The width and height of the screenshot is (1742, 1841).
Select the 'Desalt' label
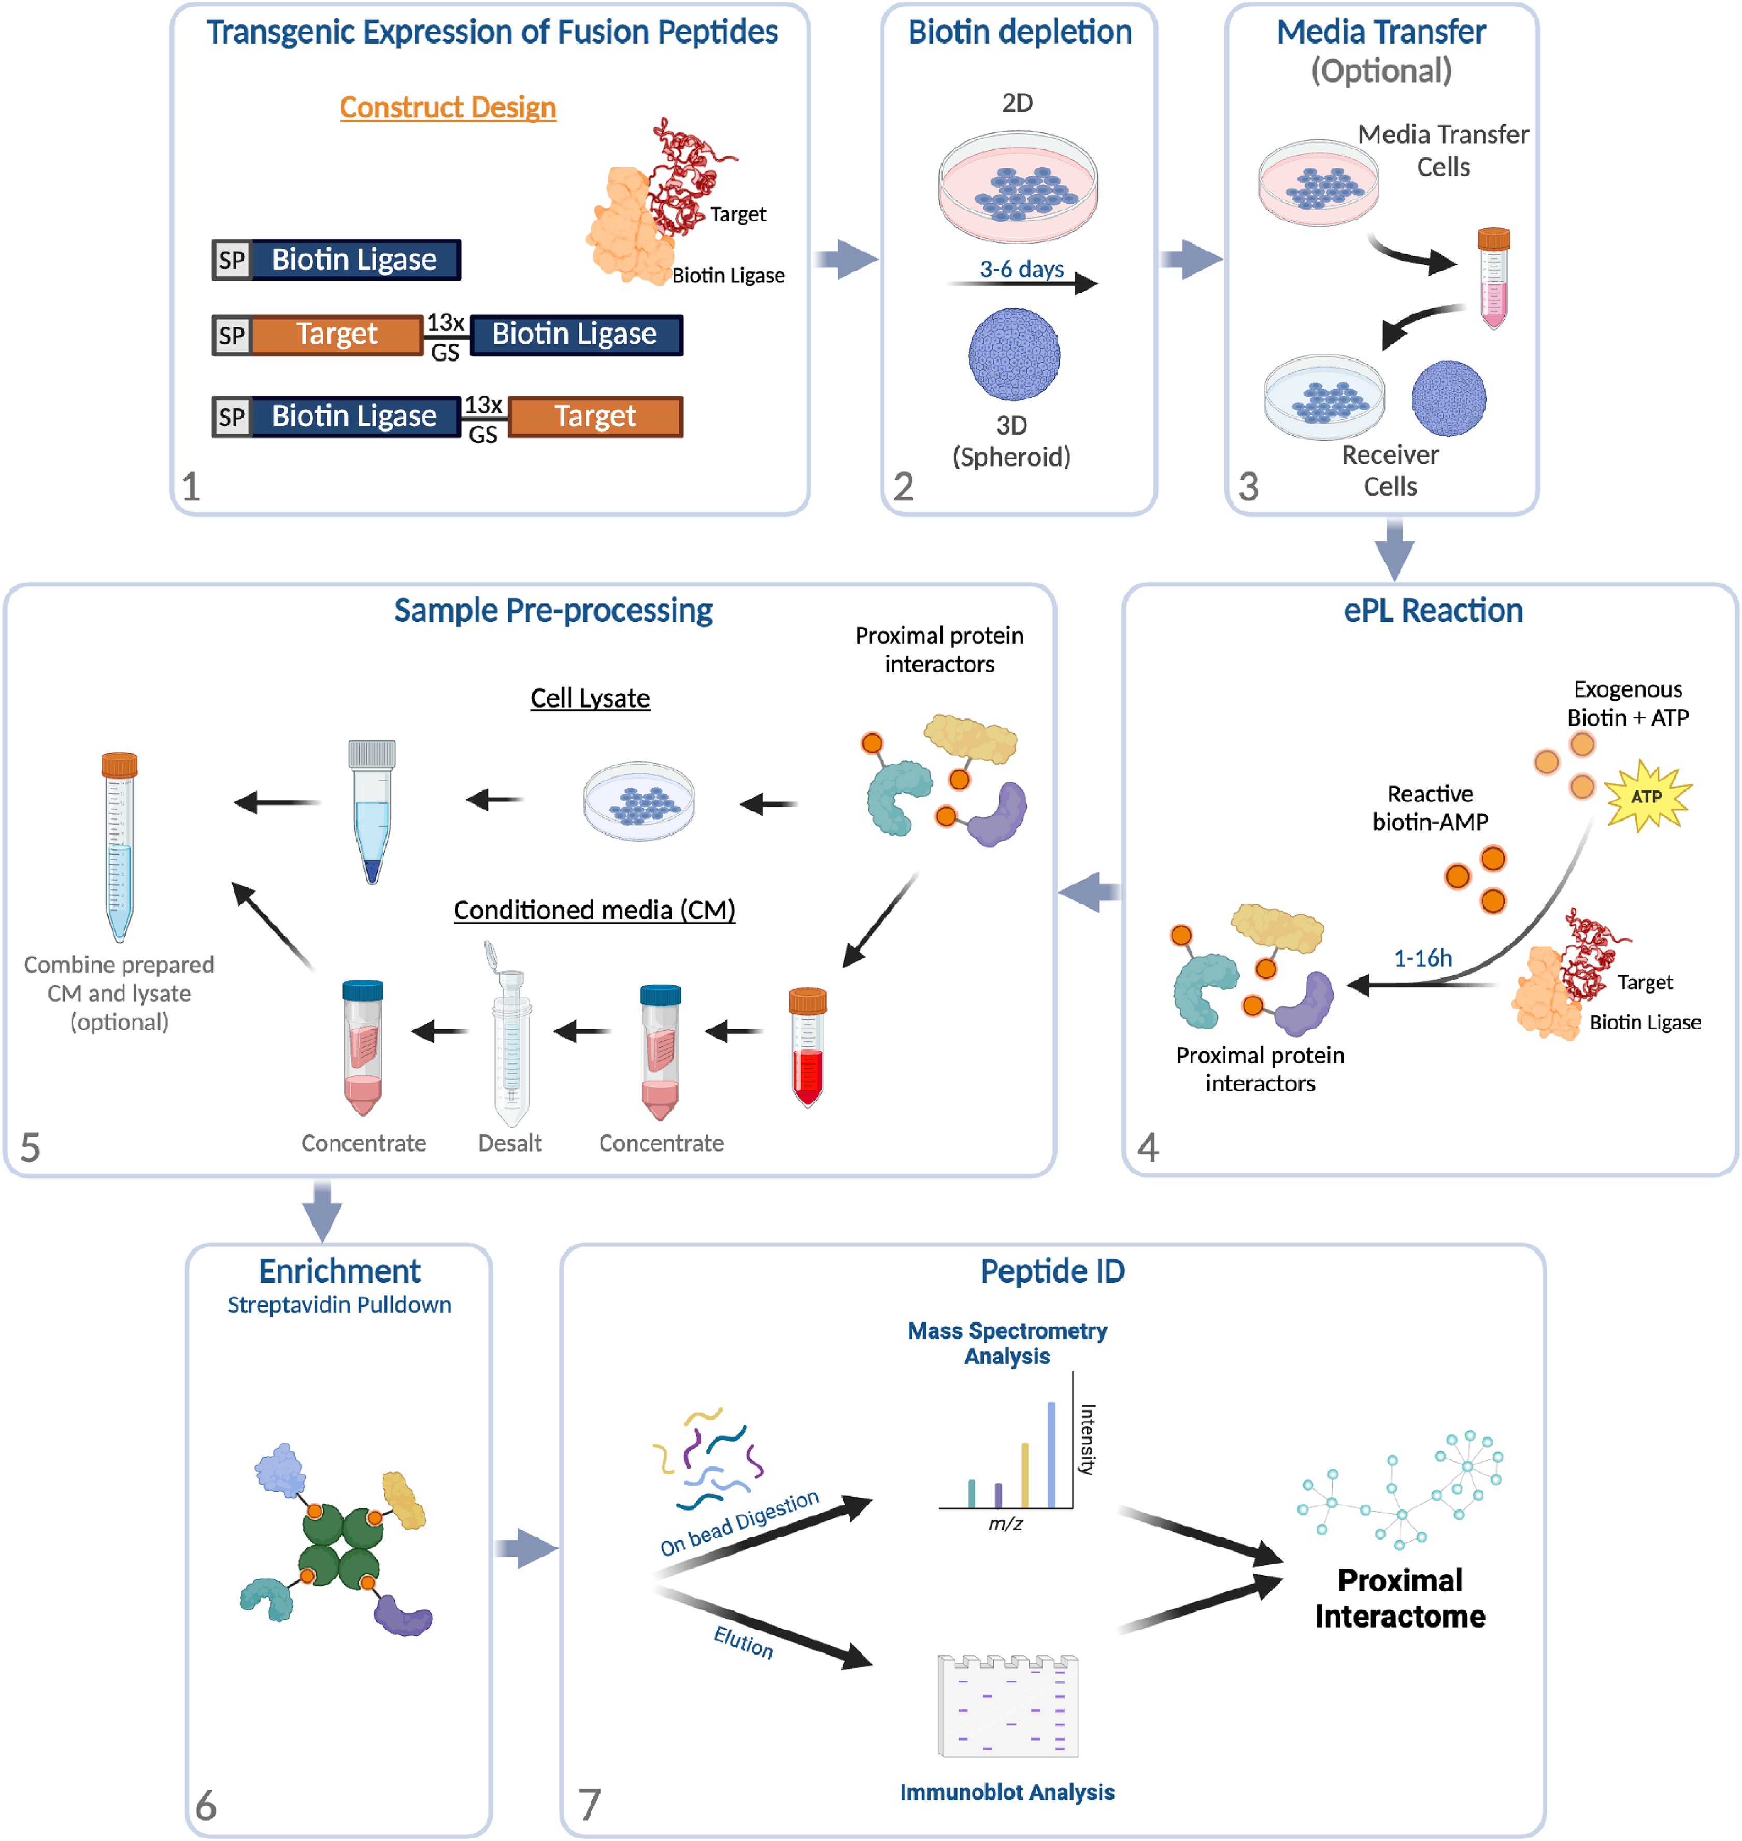[509, 1143]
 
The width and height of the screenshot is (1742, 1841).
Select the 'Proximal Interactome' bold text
[1400, 1598]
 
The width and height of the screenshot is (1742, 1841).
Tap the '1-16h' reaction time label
[1423, 957]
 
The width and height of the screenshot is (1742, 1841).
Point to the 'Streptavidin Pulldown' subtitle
[339, 1304]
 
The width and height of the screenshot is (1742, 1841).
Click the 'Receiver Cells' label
[1390, 471]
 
